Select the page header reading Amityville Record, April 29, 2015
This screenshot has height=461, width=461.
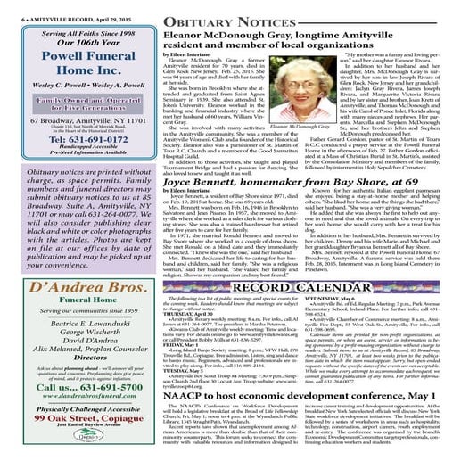coord(56,5)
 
